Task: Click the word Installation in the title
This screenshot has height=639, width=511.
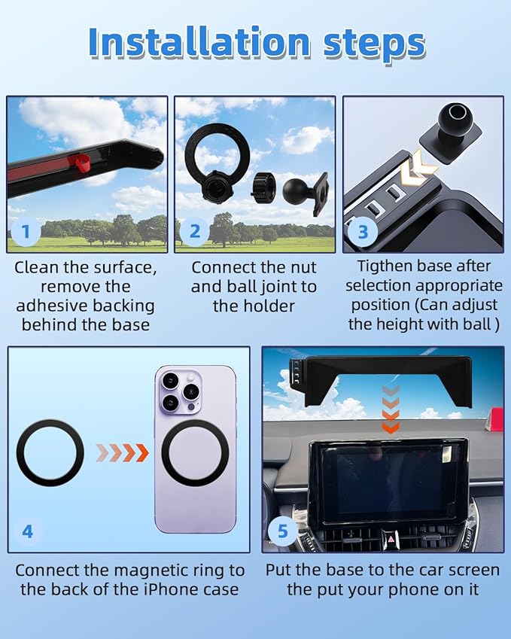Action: [x=199, y=42]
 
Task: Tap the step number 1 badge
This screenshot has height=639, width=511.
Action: [x=26, y=232]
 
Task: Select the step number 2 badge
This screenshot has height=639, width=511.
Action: [x=195, y=232]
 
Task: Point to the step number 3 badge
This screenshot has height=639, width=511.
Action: [x=363, y=232]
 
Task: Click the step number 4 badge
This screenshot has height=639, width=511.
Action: [x=27, y=531]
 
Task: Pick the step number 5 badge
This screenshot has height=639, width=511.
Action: [x=282, y=531]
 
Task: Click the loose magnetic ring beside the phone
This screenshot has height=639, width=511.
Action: [x=50, y=452]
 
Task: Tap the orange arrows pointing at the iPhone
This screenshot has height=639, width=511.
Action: [x=122, y=452]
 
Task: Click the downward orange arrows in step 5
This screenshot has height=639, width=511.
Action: [x=391, y=409]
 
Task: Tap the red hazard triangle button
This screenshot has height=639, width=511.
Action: [x=391, y=539]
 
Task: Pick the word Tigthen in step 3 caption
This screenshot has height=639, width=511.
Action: [x=384, y=266]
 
